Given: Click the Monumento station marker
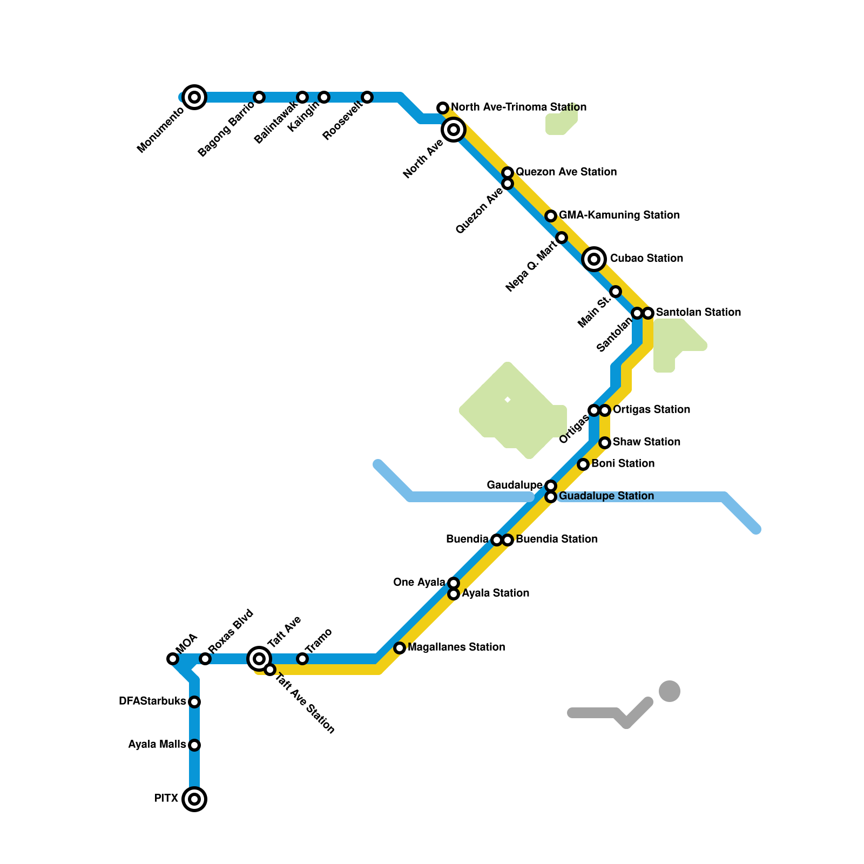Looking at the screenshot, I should click(194, 97).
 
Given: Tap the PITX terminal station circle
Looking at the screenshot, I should click(194, 799).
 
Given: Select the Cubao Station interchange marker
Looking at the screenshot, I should click(594, 259).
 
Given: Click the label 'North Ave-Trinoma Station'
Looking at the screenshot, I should click(518, 107).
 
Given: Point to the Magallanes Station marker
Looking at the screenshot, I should click(400, 648).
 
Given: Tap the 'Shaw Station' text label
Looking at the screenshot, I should click(646, 442).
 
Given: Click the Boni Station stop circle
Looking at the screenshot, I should click(583, 464).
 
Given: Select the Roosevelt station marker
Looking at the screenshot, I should click(367, 97).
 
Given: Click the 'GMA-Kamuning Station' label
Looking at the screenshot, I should click(619, 215).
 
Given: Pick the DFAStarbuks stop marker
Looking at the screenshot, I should click(194, 702).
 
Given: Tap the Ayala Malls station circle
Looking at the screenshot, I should click(194, 745).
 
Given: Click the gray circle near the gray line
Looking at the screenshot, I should click(670, 691).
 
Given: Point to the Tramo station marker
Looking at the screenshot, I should click(302, 659).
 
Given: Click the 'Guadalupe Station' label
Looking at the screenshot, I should click(606, 496).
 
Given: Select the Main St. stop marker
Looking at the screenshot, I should click(616, 292).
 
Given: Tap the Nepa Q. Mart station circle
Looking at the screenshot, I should click(562, 238).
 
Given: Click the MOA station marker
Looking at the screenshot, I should click(173, 659).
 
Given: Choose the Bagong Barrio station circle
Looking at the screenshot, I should click(259, 97).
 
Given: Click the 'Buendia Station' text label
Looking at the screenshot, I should click(556, 539).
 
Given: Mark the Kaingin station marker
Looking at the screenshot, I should click(324, 97).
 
